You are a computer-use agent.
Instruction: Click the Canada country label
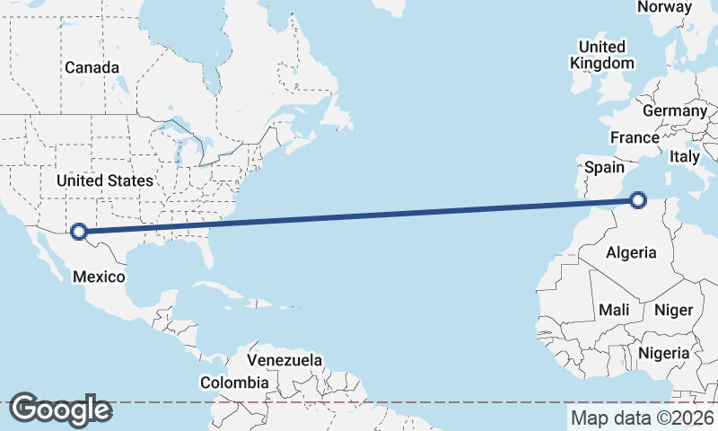[92, 67]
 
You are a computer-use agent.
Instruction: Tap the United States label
[105, 180]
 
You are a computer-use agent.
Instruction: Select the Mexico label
[99, 277]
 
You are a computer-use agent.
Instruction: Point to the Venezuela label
[285, 360]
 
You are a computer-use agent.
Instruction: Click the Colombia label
[234, 383]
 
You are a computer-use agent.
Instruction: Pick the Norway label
[664, 7]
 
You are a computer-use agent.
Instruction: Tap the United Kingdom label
[602, 55]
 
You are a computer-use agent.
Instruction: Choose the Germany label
[675, 110]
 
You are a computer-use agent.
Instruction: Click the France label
[635, 137]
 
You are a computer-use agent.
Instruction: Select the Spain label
[604, 167]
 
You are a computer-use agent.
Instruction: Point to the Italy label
[685, 156]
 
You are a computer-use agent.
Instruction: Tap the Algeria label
[631, 252]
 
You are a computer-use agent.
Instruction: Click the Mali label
[615, 310]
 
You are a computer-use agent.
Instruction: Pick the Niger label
[673, 310]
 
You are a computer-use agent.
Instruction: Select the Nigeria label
[663, 353]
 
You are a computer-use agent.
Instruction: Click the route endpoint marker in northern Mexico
[79, 232]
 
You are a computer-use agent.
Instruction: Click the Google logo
[60, 409]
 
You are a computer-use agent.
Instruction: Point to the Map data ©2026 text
[642, 418]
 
